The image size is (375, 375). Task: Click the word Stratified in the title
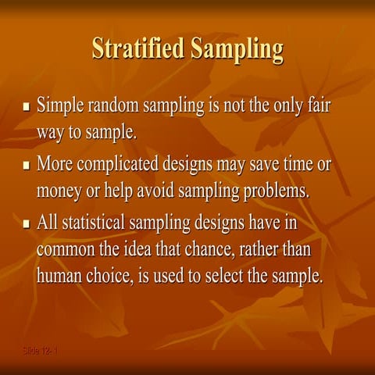tap(137, 48)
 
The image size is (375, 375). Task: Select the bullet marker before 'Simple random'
tap(27, 105)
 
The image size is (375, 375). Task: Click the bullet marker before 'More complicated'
tap(27, 166)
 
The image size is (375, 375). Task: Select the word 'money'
tap(59, 191)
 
